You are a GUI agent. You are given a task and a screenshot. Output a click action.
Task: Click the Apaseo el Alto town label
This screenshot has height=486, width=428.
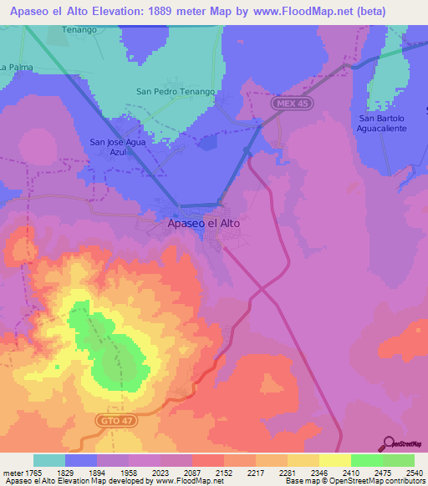coord(204,224)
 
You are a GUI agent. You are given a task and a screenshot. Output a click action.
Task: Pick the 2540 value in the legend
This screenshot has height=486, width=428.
coord(415,473)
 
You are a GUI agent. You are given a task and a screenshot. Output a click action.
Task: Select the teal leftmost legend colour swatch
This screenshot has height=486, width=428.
coord(49,460)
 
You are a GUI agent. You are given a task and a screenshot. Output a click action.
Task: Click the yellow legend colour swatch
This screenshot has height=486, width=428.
coord(335,460)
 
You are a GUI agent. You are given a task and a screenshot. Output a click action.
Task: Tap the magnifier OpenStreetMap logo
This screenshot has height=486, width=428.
coord(389,444)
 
